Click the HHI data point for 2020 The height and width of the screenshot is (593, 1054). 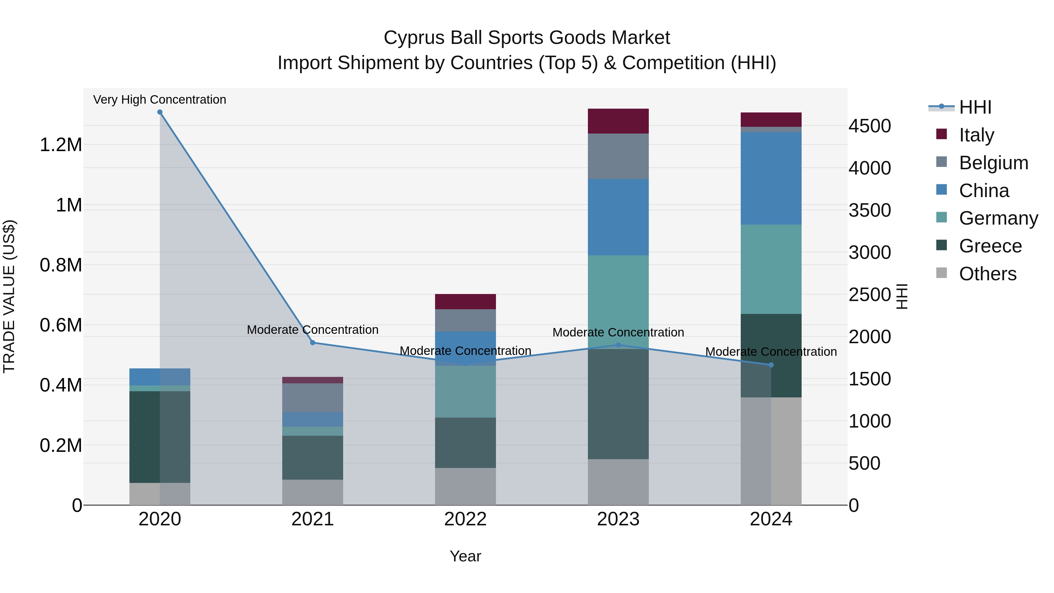tap(160, 112)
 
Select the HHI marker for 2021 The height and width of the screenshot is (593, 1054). tap(313, 343)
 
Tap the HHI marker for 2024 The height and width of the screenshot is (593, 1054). tap(771, 365)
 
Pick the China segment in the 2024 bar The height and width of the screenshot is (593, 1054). tap(771, 178)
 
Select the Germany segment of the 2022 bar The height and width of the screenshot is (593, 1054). tap(465, 392)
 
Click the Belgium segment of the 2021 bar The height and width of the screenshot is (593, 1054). tap(313, 397)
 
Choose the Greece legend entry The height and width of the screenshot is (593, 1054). tap(990, 246)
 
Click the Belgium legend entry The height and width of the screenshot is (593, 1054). tap(993, 163)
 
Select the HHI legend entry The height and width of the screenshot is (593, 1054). tap(975, 107)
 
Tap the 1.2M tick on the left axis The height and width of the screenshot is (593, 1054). tap(61, 145)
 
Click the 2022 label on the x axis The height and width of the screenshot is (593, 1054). tap(465, 519)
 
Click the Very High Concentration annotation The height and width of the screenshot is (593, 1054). tap(160, 100)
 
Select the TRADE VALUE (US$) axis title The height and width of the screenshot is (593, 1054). tap(9, 296)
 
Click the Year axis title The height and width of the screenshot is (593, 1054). tap(465, 556)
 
